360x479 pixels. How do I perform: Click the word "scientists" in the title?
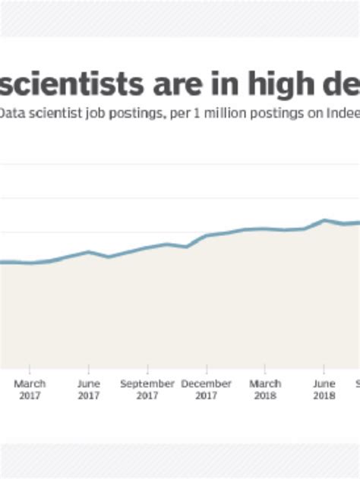pyautogui.click(x=69, y=84)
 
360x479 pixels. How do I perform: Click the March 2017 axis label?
pyautogui.click(x=30, y=389)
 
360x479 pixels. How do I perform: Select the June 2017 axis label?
pyautogui.click(x=89, y=389)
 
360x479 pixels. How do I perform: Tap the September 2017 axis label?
pyautogui.click(x=147, y=389)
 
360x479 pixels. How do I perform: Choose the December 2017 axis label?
pyautogui.click(x=206, y=389)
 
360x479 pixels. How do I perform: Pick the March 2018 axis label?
pyautogui.click(x=265, y=389)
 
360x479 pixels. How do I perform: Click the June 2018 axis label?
pyautogui.click(x=324, y=389)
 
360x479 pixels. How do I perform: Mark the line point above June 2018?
pyautogui.click(x=324, y=220)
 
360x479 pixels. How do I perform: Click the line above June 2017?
pyautogui.click(x=89, y=252)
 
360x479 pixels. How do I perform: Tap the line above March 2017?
pyautogui.click(x=30, y=263)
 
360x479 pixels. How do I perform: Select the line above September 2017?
pyautogui.click(x=147, y=247)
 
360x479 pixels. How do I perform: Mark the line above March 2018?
pyautogui.click(x=265, y=228)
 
